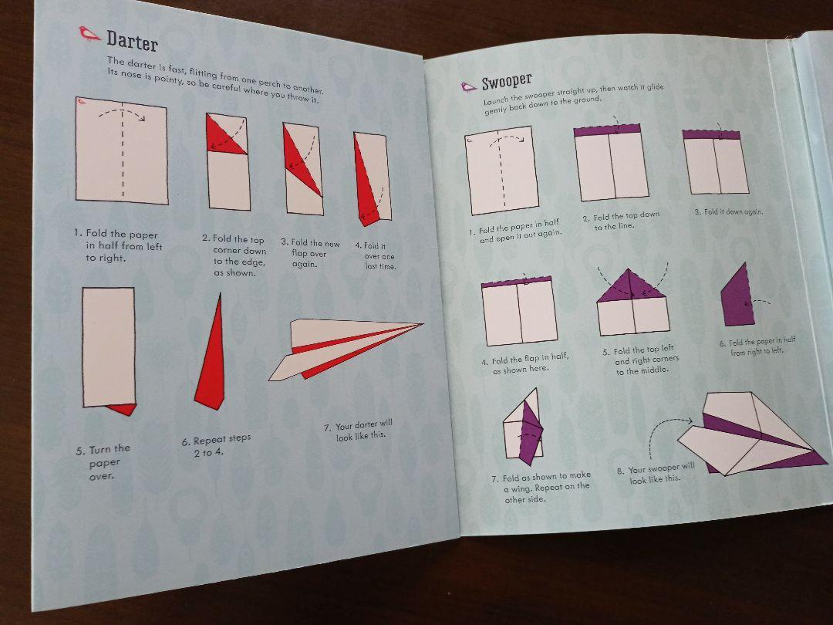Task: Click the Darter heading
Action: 133,41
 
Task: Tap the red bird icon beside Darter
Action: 89,33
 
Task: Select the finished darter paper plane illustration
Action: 346,350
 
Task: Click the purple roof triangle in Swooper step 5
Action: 631,286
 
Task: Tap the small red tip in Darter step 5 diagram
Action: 123,409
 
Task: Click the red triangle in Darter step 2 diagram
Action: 223,136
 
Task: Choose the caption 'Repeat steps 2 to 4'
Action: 216,445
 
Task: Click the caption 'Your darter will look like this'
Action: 359,430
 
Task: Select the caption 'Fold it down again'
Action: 728,211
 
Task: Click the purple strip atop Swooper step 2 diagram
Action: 607,130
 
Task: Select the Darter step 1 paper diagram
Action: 122,150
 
